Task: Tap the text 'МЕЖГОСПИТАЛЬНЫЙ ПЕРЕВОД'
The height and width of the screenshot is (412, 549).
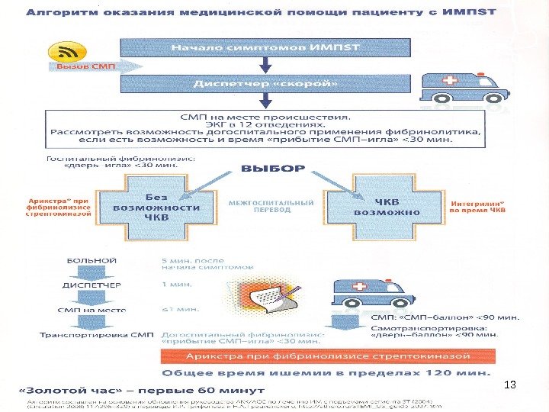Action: [x=271, y=207]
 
